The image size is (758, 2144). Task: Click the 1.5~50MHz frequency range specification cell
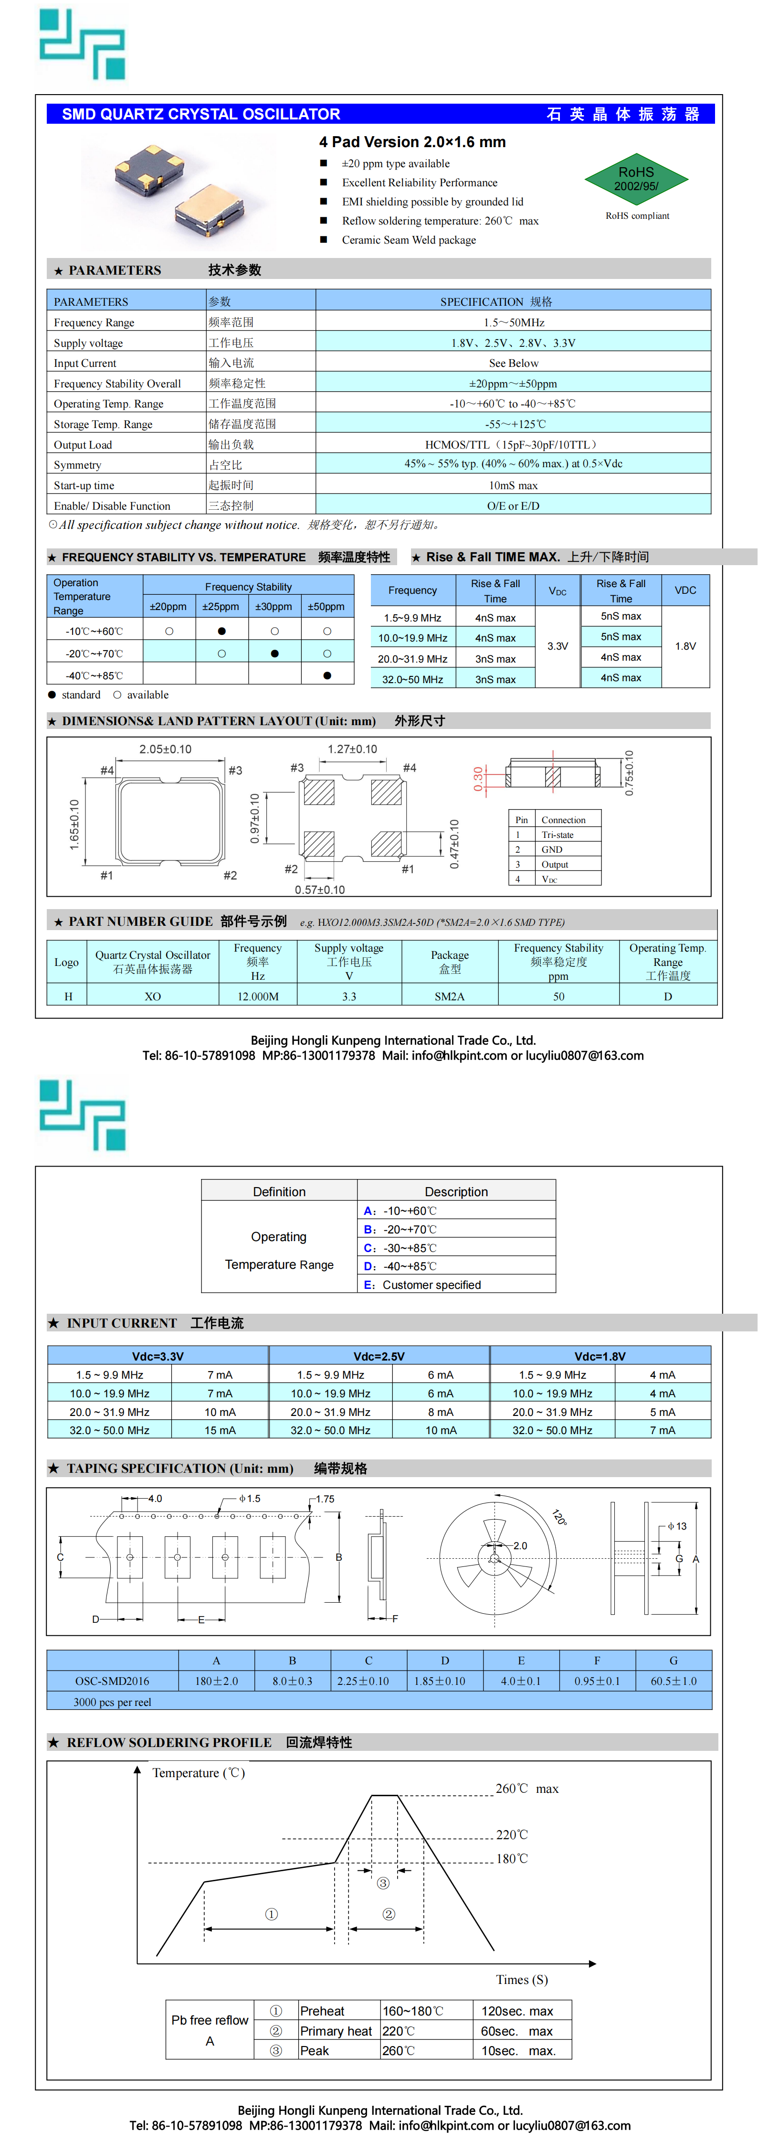514,322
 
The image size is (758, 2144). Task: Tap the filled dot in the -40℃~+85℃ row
327,675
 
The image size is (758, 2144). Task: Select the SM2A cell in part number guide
449,996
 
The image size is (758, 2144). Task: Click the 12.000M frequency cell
258,996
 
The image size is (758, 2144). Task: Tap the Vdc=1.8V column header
600,1356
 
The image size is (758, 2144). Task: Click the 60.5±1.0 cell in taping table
673,1681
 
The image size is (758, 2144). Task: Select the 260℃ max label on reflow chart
526,1789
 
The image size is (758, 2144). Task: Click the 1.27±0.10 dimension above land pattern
352,749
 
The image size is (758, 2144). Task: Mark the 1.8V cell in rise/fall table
685,646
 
